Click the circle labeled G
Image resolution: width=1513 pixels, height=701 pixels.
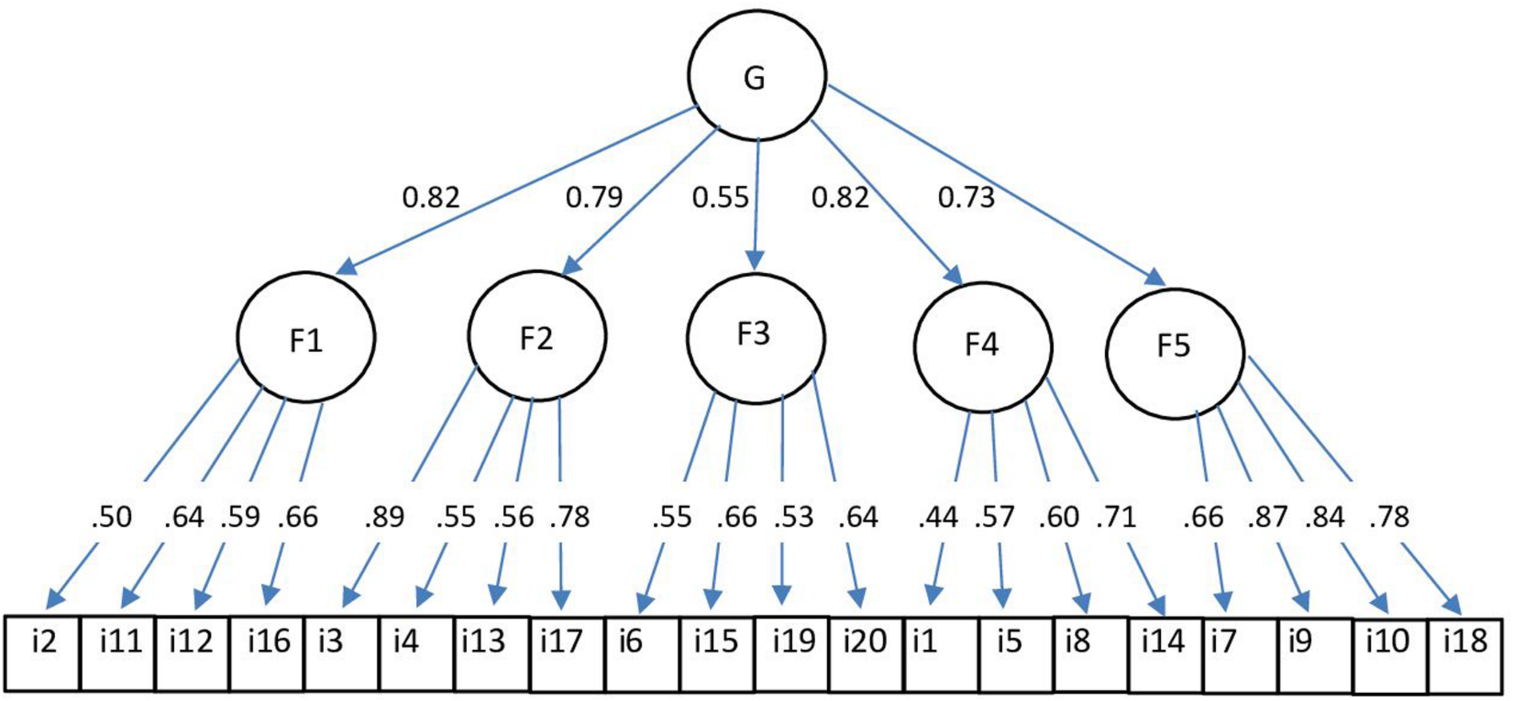click(x=756, y=76)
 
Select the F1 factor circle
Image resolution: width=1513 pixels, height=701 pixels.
click(x=306, y=337)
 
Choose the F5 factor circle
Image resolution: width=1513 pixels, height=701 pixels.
click(x=1175, y=354)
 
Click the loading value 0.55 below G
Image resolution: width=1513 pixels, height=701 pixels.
click(x=720, y=198)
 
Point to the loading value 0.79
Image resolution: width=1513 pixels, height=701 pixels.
click(x=594, y=198)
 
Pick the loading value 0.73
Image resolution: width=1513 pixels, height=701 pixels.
click(x=966, y=198)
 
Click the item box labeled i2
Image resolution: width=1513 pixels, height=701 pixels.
click(x=42, y=653)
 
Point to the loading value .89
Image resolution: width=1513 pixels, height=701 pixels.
click(x=384, y=518)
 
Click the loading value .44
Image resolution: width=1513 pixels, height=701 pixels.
click(x=938, y=518)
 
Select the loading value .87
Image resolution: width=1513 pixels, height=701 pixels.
click(x=1267, y=518)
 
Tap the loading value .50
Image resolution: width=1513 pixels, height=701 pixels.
click(x=111, y=518)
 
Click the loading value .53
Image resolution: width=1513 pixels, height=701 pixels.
click(x=793, y=518)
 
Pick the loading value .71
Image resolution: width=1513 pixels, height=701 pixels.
click(x=1116, y=518)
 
